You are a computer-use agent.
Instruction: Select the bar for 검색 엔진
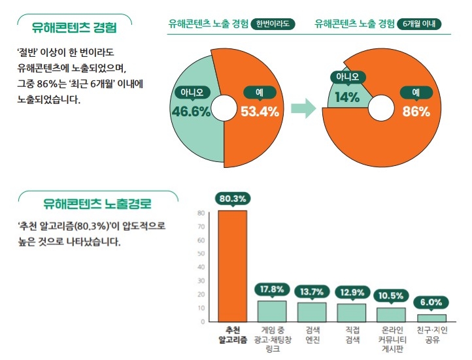tap(312, 312)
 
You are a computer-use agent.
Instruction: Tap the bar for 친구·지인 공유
tap(432, 318)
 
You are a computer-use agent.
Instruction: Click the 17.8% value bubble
tap(272, 289)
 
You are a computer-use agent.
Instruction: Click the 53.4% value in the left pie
tap(260, 112)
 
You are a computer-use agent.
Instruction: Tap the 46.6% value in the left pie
tap(191, 112)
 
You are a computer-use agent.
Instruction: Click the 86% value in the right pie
tap(416, 112)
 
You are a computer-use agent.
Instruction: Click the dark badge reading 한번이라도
tap(273, 24)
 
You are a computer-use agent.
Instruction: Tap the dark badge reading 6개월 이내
tap(419, 24)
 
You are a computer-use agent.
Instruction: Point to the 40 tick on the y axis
tap(202, 267)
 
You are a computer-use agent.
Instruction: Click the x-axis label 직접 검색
tap(352, 335)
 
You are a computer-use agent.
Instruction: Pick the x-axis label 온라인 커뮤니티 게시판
tap(392, 340)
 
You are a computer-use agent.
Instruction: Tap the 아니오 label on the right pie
tap(347, 77)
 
